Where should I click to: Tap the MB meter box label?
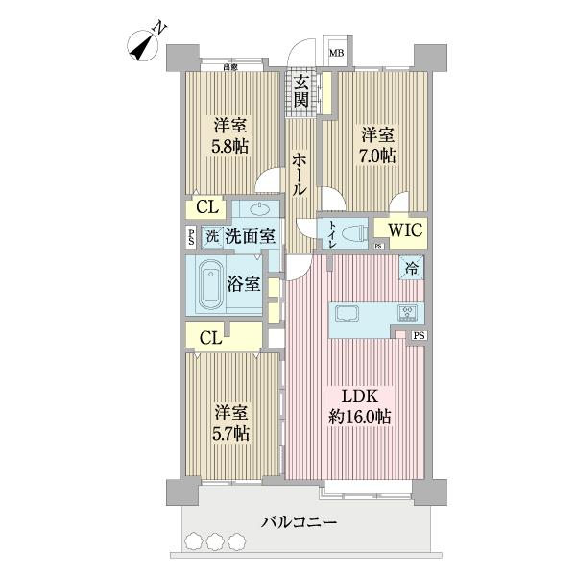tap(337, 54)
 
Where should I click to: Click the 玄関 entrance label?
tap(301, 90)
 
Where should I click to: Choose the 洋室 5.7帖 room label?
tap(231, 423)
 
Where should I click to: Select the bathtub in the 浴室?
tap(211, 285)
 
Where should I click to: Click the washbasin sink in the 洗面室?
tap(258, 208)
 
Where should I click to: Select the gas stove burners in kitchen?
tap(408, 312)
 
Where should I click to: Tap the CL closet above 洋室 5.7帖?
tap(212, 336)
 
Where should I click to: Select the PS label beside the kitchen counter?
tap(419, 335)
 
